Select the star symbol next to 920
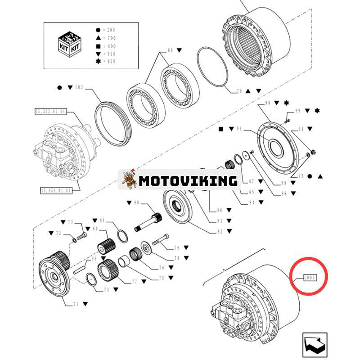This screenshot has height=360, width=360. click(98, 61)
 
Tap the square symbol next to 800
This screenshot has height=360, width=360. click(98, 45)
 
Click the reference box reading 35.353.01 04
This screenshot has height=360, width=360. click(50, 110)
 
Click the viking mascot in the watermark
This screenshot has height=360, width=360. click(129, 180)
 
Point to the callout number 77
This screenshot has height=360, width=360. click(134, 282)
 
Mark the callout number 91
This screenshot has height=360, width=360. click(238, 129)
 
